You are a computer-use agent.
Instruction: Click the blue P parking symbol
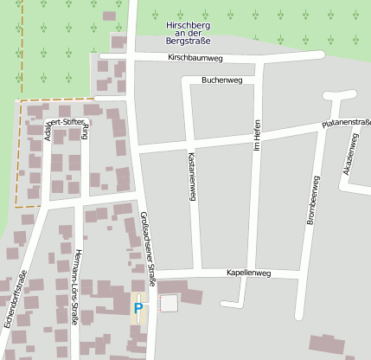click(138, 307)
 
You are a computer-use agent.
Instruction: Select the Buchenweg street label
click(221, 80)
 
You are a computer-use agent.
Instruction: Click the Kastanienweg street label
click(191, 177)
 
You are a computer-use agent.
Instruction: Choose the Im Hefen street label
click(256, 137)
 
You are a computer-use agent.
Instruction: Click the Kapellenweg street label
click(248, 273)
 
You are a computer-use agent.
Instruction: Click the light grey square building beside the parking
click(169, 303)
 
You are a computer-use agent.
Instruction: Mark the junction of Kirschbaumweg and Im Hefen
click(257, 56)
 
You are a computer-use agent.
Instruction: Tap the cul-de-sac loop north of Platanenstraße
click(340, 96)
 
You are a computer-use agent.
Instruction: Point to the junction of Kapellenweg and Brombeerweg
click(301, 276)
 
